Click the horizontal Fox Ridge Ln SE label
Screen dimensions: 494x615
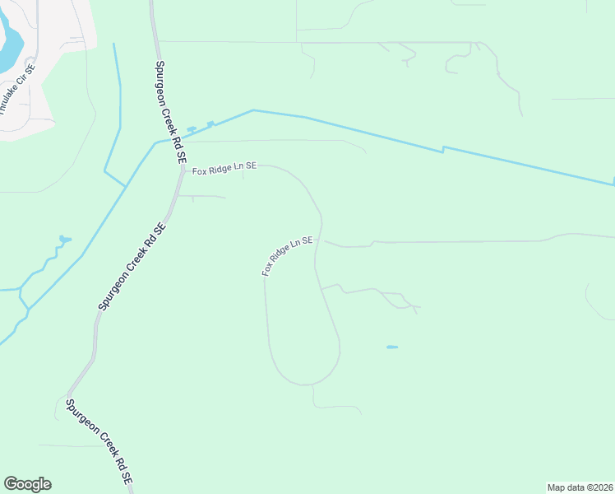tap(224, 168)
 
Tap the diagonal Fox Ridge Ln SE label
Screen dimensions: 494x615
tap(288, 256)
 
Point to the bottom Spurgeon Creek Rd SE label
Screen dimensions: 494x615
tap(99, 442)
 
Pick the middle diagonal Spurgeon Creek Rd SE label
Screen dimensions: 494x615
tap(132, 266)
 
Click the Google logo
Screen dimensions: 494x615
tap(27, 484)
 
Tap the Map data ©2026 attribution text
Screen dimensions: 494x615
tap(580, 487)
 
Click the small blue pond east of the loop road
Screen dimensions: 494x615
tap(392, 347)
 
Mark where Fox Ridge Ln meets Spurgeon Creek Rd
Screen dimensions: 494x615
tap(181, 170)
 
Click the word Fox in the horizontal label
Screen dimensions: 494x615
tap(200, 170)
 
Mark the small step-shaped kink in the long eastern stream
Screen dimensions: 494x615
tap(443, 150)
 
